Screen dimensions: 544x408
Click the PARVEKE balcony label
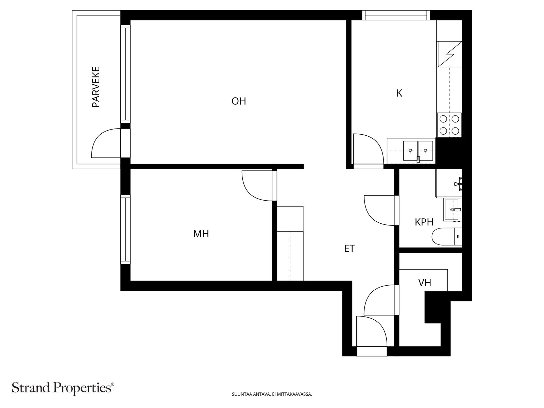(96, 87)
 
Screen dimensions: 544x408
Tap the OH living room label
(239, 101)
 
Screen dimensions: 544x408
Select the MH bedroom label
(201, 234)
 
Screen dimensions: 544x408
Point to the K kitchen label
(399, 93)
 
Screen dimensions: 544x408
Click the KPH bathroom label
(424, 222)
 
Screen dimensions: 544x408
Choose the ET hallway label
(350, 249)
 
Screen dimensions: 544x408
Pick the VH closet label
(425, 283)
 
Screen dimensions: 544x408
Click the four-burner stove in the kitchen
(449, 125)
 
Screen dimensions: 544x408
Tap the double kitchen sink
(418, 151)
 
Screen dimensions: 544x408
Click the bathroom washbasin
(453, 209)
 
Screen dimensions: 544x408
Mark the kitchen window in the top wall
(396, 15)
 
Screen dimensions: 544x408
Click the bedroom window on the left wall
(125, 230)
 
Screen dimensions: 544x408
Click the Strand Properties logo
(63, 388)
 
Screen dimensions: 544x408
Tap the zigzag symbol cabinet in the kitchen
(449, 54)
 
